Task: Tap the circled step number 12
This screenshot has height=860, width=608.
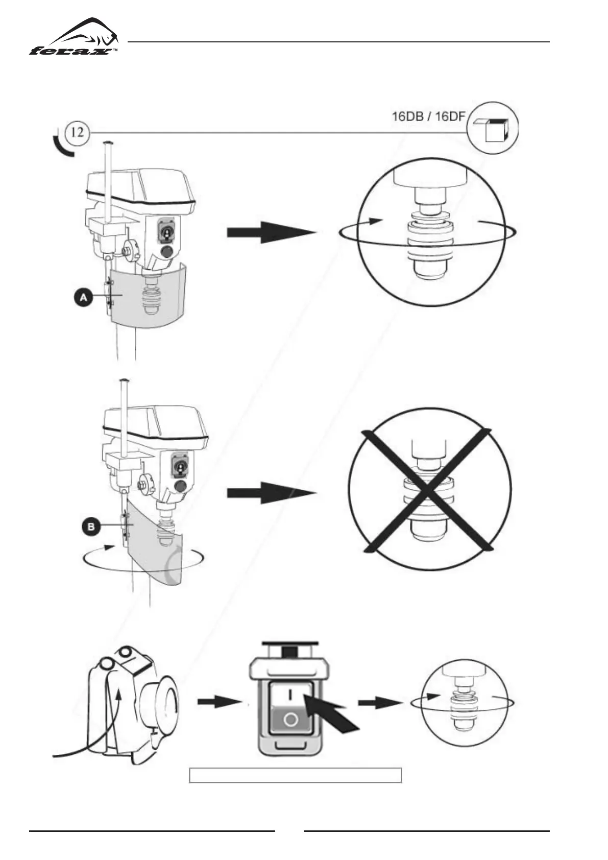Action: point(78,133)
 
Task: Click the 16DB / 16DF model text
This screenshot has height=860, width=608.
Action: point(428,116)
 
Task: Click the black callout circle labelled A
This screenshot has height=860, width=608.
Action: point(84,297)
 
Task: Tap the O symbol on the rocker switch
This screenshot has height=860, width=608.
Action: point(290,720)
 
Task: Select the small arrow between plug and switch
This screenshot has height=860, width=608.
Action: point(218,703)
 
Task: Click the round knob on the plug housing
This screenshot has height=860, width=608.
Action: point(162,703)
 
